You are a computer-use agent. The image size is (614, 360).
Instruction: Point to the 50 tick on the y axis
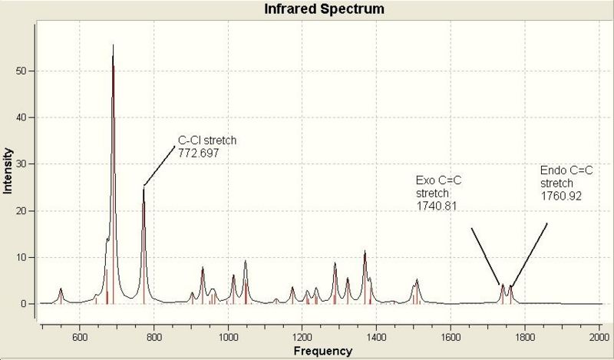tap(24, 71)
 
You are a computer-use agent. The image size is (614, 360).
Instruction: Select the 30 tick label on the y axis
tap(24, 164)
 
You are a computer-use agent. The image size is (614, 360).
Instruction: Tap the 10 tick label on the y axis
tap(24, 257)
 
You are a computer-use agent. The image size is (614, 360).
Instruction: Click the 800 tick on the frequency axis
tap(153, 336)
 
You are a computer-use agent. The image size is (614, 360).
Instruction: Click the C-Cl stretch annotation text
tap(207, 140)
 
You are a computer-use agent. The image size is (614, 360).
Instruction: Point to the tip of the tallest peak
tap(113, 45)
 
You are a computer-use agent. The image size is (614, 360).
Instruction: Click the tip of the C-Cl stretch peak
tap(144, 189)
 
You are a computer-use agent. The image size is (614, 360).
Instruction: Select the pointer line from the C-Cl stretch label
tap(159, 164)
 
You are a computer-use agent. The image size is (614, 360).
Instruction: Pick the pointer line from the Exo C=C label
tap(485, 256)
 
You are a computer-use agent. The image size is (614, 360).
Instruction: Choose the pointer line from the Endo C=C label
tap(529, 254)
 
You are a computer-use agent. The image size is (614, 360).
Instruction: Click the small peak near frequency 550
tap(61, 289)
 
